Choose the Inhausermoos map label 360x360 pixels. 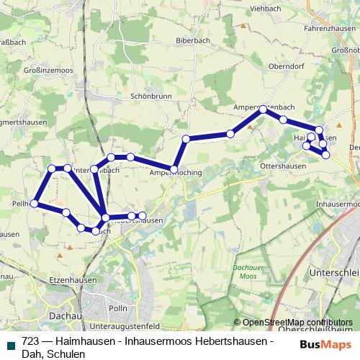[x=336, y=204]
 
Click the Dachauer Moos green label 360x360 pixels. [x=246, y=272]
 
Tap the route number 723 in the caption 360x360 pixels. [x=30, y=341]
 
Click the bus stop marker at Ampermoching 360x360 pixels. [x=174, y=169]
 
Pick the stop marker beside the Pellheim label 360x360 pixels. [x=34, y=204]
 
